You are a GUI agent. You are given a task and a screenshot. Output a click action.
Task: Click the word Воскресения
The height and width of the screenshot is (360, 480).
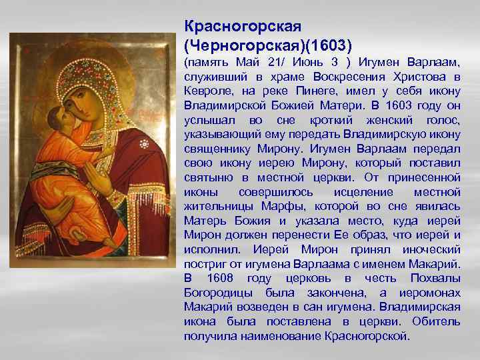(331, 77)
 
